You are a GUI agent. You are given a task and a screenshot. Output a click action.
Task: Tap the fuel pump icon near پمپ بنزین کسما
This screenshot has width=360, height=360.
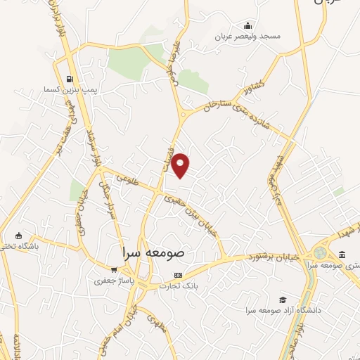pyautogui.click(x=69, y=79)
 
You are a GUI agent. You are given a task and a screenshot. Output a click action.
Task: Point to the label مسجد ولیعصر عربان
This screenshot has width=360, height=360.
pyautogui.click(x=251, y=35)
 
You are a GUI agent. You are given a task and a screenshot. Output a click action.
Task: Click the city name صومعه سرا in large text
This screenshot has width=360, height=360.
pyautogui.click(x=151, y=251)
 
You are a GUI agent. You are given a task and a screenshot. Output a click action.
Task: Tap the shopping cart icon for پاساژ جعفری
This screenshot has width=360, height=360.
pyautogui.click(x=113, y=269)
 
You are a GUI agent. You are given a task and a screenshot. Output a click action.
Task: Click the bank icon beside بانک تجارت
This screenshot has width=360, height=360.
pyautogui.click(x=178, y=275)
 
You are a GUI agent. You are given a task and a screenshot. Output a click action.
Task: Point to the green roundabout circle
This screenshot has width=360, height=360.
pyautogui.click(x=321, y=252)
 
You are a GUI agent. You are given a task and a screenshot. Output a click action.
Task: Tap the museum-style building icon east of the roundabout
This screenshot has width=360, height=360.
pyautogui.click(x=342, y=255)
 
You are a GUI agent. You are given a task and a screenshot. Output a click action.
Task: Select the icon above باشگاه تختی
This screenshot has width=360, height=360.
pyautogui.click(x=18, y=236)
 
